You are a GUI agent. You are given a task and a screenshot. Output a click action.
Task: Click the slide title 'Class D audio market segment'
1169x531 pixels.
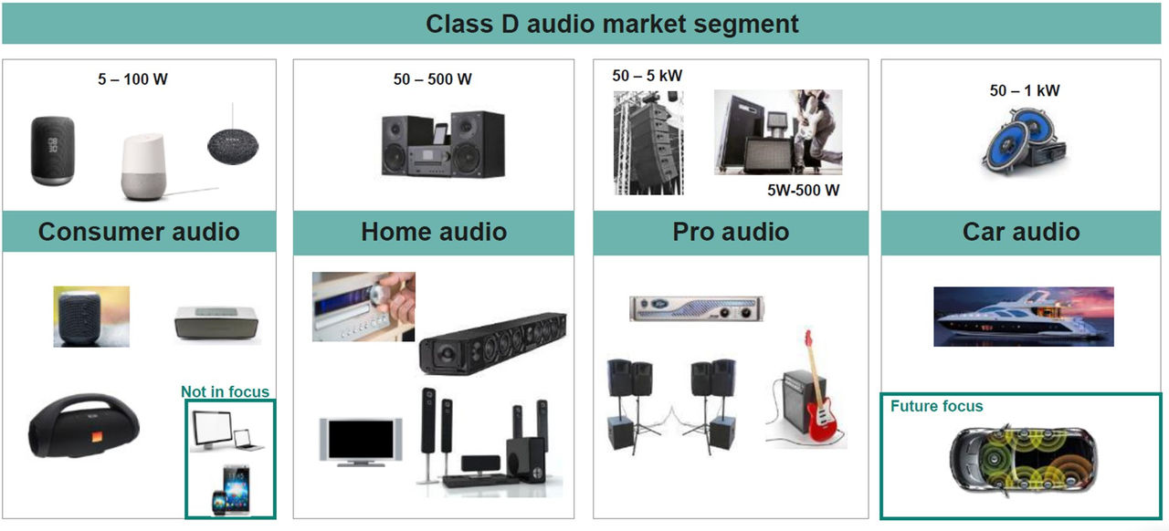[612, 24]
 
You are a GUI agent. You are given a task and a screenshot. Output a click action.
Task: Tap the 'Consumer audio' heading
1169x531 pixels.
[139, 232]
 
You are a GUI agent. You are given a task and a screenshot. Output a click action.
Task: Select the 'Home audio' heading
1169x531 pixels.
[434, 232]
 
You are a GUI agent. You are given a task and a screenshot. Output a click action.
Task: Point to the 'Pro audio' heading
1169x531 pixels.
[731, 232]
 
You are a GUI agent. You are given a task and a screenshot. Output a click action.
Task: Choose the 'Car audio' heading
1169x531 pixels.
[1021, 232]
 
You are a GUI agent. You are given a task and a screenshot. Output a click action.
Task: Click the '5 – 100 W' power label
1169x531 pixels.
[133, 79]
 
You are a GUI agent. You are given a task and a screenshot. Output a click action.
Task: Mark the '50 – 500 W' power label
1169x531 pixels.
[433, 79]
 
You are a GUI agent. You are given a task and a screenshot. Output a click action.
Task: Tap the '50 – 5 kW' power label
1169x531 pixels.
[648, 76]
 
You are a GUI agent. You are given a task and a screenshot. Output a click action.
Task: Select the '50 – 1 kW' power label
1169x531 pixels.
[1025, 90]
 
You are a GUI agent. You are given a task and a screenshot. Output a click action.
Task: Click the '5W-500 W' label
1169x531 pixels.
[803, 191]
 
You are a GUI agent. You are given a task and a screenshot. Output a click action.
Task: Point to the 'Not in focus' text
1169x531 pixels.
[225, 392]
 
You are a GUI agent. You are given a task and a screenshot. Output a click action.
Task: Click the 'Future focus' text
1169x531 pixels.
[937, 406]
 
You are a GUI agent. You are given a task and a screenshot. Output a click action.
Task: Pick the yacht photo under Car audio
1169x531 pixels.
[1023, 317]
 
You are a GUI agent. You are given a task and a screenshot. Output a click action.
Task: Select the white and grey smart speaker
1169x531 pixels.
[142, 168]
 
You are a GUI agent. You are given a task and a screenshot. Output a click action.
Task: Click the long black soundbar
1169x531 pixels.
[492, 342]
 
